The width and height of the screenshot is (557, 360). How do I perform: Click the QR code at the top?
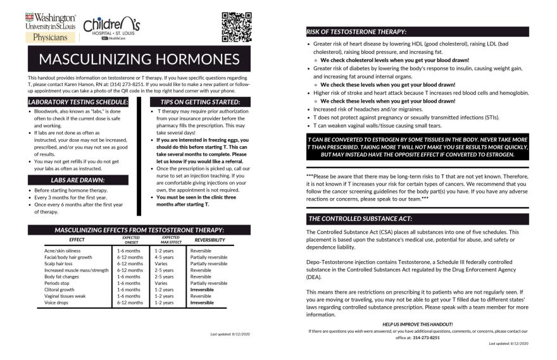pyautogui.click(x=236, y=26)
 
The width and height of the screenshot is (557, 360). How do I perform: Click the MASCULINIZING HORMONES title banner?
pyautogui.click(x=139, y=59)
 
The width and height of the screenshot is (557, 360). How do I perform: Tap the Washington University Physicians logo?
pyautogui.click(x=51, y=27)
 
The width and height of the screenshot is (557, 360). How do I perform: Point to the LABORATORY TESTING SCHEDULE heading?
pyautogui.click(x=78, y=102)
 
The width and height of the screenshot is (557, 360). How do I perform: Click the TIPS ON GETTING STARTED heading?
pyautogui.click(x=200, y=102)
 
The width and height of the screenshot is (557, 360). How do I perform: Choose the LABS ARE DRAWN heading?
pyautogui.click(x=78, y=180)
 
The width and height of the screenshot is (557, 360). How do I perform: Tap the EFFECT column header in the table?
pyautogui.click(x=77, y=240)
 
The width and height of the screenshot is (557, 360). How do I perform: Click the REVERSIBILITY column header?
pyautogui.click(x=208, y=240)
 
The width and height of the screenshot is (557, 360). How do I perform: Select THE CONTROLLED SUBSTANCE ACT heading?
pyautogui.click(x=360, y=219)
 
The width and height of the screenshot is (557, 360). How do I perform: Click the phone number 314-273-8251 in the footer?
pyautogui.click(x=426, y=338)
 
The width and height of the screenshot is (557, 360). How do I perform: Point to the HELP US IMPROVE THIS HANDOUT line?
pyautogui.click(x=417, y=324)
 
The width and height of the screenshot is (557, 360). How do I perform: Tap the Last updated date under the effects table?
pyautogui.click(x=230, y=333)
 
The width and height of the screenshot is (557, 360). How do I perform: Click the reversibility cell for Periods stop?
pyautogui.click(x=208, y=283)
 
